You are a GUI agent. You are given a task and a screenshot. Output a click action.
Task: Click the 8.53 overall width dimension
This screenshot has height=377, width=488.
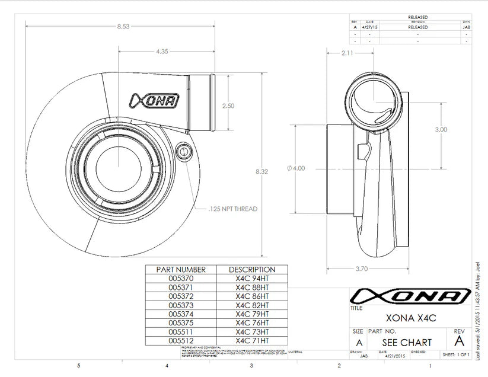tap(123, 26)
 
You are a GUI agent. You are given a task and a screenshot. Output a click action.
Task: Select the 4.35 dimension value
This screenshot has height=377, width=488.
tap(162, 52)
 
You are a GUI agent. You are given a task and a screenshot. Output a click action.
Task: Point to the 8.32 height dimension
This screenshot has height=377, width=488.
tap(261, 171)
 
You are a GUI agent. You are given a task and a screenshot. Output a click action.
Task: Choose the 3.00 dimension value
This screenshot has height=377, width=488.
tap(441, 129)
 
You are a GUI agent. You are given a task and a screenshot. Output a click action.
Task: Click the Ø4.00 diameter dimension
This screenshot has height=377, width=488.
tap(296, 168)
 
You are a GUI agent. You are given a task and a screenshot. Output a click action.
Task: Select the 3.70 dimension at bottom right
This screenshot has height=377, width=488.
tap(362, 269)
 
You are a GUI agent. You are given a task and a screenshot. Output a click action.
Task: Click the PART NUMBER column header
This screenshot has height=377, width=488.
tap(181, 269)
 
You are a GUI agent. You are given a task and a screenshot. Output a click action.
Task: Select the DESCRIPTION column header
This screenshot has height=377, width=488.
tap(252, 269)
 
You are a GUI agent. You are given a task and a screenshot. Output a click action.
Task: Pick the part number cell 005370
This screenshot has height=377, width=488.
tap(181, 278)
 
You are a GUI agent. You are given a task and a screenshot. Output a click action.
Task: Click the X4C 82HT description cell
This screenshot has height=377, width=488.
tap(252, 305)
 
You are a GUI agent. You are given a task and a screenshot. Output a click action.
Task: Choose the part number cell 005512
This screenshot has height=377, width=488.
tap(181, 341)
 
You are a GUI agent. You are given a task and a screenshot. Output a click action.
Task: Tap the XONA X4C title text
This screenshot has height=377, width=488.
tap(410, 318)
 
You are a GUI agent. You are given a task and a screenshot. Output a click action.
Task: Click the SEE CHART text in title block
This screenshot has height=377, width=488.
tap(407, 343)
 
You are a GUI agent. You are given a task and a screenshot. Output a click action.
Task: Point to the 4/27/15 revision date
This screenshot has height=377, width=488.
tap(369, 27)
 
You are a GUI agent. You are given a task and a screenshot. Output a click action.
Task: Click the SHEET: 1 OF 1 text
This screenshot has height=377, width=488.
tap(456, 354)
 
